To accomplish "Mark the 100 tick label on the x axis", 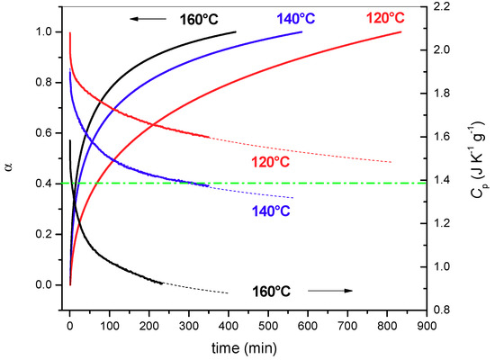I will (109, 326).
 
